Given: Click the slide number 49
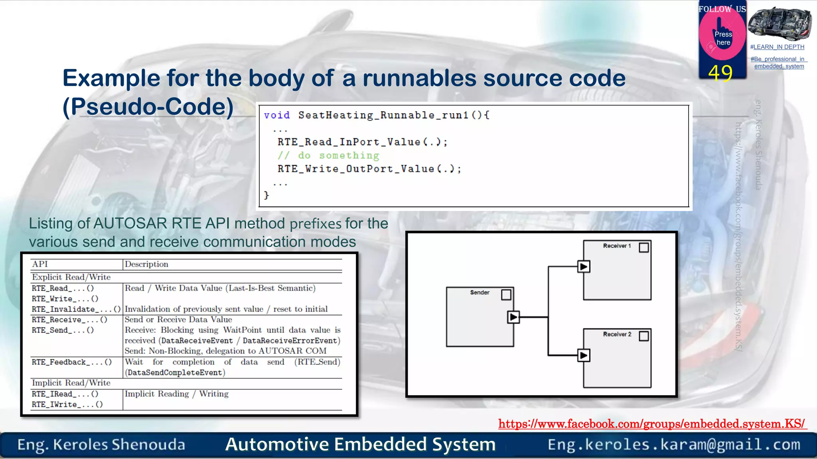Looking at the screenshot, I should pyautogui.click(x=720, y=73).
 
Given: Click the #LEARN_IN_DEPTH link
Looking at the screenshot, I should pyautogui.click(x=777, y=47).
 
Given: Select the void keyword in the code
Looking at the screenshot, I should pyautogui.click(x=276, y=115).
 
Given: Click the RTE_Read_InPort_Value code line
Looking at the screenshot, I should pyautogui.click(x=362, y=142).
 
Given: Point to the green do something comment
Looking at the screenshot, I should pyautogui.click(x=328, y=155).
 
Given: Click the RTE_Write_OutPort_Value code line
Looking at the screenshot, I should pyautogui.click(x=369, y=169).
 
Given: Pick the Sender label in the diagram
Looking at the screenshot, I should pyautogui.click(x=480, y=292).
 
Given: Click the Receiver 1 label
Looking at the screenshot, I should pyautogui.click(x=617, y=246).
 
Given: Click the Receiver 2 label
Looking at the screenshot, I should pyautogui.click(x=617, y=334).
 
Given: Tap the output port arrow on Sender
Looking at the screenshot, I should pyautogui.click(x=513, y=317).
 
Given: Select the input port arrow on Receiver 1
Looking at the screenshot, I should pyautogui.click(x=584, y=267).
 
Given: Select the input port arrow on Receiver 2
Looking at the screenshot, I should pyautogui.click(x=584, y=355).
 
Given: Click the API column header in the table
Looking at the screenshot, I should pyautogui.click(x=40, y=264).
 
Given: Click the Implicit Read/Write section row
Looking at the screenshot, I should pyautogui.click(x=71, y=383).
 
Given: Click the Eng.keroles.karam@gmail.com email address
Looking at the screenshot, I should pyautogui.click(x=674, y=445).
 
